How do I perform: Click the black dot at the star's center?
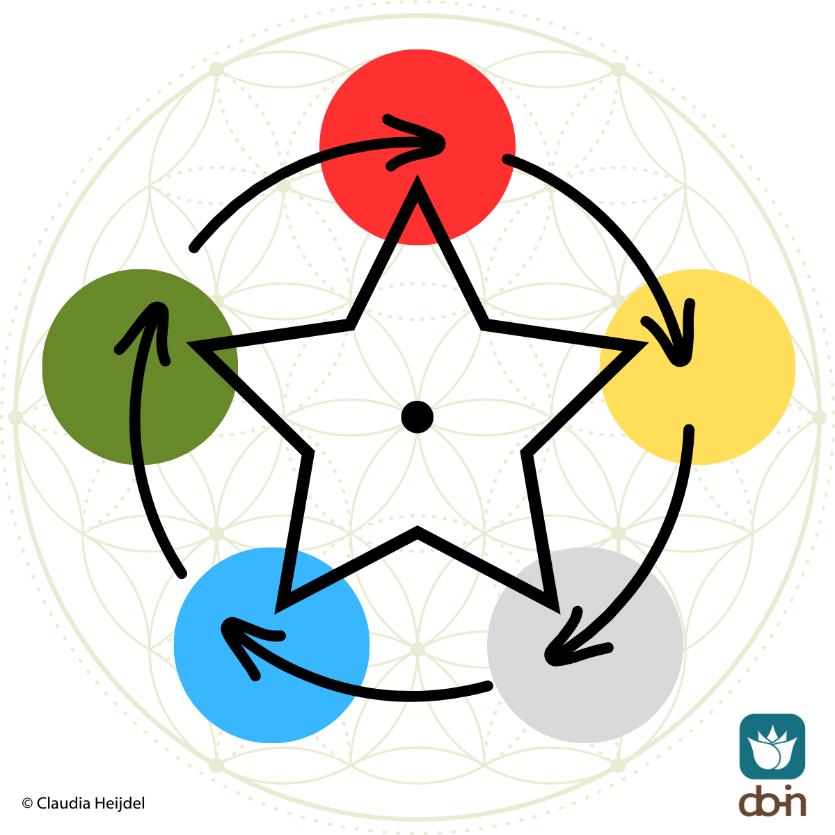(x=417, y=417)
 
